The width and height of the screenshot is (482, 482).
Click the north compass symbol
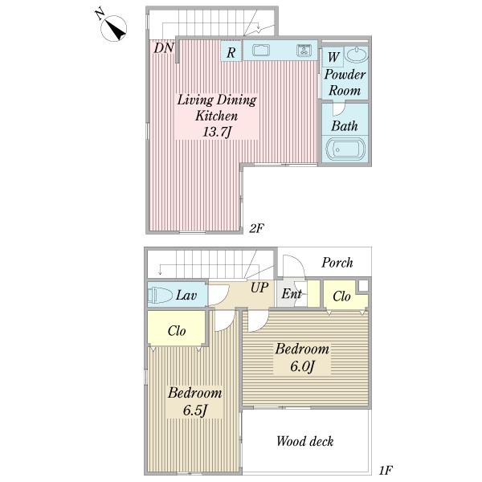tap(114, 28)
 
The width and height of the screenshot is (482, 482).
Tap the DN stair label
tap(164, 48)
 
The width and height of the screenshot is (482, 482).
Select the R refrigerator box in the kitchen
tap(231, 51)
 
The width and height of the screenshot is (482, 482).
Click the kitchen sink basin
tap(261, 50)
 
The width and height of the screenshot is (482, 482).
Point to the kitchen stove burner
tap(304, 50)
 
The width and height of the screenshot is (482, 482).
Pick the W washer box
tap(333, 57)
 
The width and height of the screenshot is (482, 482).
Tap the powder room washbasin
tap(356, 55)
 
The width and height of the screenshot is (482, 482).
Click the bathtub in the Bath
tap(345, 149)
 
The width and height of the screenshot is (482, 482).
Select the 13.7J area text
tap(216, 133)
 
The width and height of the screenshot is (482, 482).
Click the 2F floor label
tap(256, 228)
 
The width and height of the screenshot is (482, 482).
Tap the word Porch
tap(337, 263)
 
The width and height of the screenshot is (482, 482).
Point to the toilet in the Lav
tap(160, 296)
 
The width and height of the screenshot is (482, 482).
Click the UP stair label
tap(259, 288)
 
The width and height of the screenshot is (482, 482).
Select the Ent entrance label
tap(292, 293)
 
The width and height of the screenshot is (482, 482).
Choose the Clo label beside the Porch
tap(341, 296)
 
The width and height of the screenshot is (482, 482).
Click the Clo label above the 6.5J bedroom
tap(177, 331)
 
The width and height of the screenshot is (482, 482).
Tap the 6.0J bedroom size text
tap(303, 366)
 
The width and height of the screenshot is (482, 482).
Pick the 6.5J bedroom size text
tap(195, 410)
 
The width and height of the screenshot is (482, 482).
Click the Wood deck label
tap(304, 441)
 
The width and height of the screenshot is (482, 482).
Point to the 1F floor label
tap(386, 470)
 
